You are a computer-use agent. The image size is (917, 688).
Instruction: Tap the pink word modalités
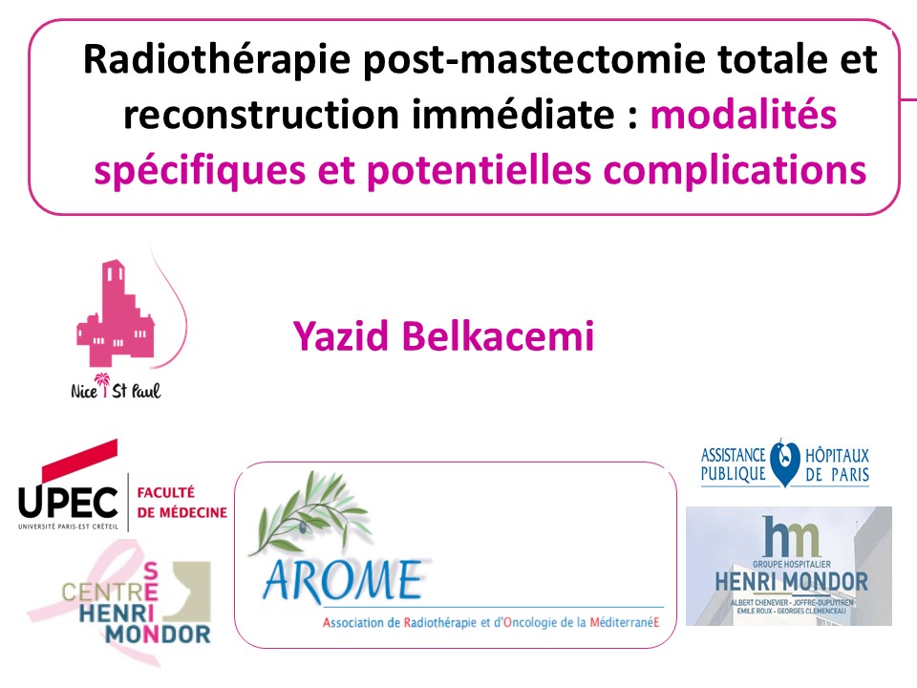click(x=743, y=114)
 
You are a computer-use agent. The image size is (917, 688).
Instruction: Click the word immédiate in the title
click(x=514, y=114)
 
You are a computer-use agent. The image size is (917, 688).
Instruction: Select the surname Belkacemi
click(x=498, y=336)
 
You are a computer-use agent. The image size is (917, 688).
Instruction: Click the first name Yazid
click(x=341, y=336)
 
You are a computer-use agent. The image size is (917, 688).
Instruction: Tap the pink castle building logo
click(x=116, y=313)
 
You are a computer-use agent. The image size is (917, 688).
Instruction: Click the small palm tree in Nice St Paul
click(x=103, y=384)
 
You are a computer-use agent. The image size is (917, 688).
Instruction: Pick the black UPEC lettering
click(x=68, y=503)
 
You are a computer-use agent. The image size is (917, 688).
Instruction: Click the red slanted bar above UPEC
click(x=79, y=461)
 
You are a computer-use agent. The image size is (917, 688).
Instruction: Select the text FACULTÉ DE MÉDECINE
click(x=181, y=503)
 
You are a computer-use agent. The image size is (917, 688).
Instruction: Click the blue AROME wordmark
click(x=343, y=581)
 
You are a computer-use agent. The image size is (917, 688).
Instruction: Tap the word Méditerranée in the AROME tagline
click(x=625, y=622)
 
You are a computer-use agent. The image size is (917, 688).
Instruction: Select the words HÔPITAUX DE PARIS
click(x=837, y=465)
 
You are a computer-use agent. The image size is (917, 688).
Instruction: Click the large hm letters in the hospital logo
click(x=791, y=536)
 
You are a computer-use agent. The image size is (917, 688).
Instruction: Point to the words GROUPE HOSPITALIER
click(x=791, y=565)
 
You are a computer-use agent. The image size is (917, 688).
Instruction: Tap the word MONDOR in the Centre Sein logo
click(x=158, y=634)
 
